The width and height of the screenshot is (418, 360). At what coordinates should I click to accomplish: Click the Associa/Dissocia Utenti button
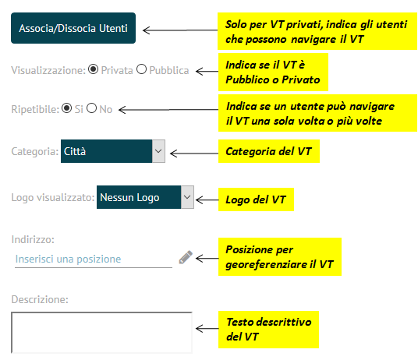point(73,28)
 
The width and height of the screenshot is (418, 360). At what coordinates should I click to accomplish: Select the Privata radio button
point(93,69)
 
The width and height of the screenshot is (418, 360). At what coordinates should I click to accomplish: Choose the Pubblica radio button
point(142,69)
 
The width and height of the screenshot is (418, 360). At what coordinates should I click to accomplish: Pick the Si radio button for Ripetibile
point(66,108)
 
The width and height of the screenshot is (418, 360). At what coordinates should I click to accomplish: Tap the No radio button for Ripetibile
point(91,108)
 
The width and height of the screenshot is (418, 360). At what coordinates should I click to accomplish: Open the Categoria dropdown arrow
point(158,151)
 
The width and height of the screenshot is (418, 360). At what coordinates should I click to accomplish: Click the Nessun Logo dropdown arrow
point(187,197)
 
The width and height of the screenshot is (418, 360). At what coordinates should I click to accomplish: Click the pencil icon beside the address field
point(186,257)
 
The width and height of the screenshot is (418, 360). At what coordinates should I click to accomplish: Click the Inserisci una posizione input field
point(94,259)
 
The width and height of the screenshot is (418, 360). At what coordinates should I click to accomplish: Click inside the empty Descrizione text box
point(101,332)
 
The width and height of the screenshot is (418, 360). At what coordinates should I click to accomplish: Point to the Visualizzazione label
point(48,70)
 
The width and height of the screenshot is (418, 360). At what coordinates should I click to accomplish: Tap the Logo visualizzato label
point(53,198)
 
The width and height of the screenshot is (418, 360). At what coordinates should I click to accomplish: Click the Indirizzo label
point(33,239)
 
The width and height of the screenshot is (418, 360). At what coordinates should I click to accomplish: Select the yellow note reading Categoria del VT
point(269,151)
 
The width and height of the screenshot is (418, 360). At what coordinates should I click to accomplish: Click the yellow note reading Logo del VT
point(257,199)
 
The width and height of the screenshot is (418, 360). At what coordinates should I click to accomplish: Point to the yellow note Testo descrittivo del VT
point(269,330)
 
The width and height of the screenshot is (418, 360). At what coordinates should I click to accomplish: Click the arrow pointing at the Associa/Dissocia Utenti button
point(180,30)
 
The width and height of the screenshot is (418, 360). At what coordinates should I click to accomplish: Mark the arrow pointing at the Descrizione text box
point(207,329)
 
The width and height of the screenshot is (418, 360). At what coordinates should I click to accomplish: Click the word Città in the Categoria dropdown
point(75,151)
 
